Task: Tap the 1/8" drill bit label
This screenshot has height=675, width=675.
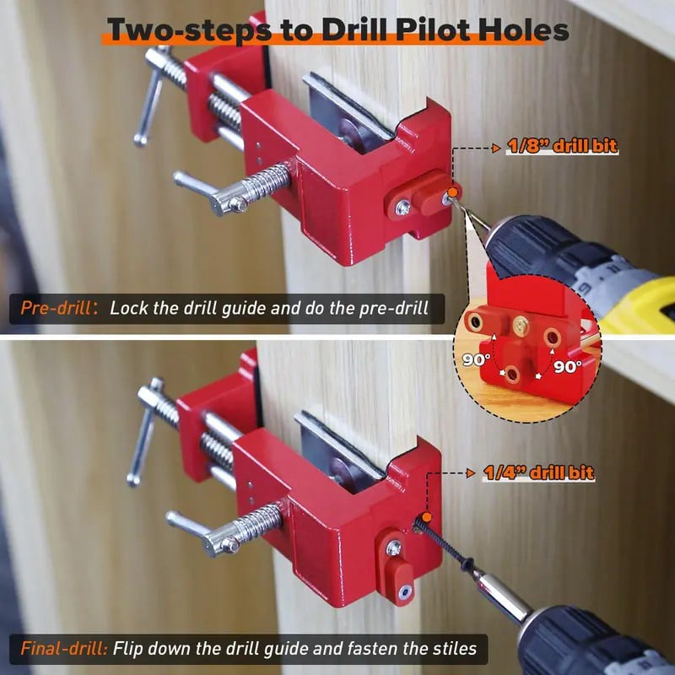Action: [562, 146]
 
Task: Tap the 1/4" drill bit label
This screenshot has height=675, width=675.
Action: [539, 474]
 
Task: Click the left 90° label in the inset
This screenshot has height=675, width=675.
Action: [476, 359]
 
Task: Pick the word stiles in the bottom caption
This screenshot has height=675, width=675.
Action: [456, 649]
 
